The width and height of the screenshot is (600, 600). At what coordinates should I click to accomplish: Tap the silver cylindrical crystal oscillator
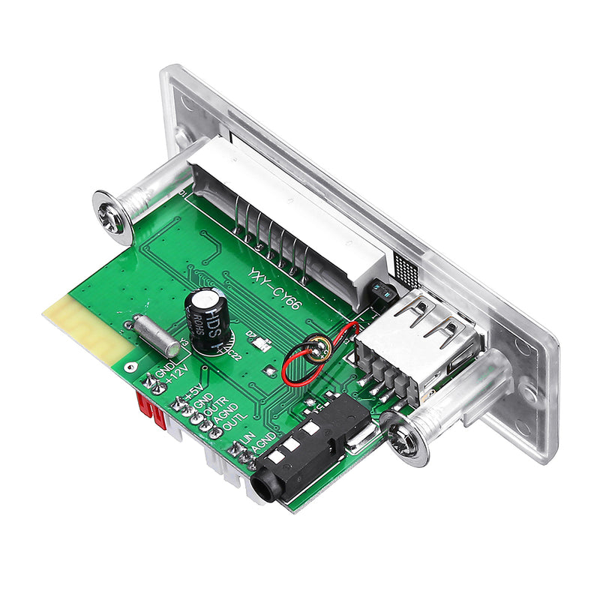coord(155,335)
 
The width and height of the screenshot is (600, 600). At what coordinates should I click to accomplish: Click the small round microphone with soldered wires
coord(317,347)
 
